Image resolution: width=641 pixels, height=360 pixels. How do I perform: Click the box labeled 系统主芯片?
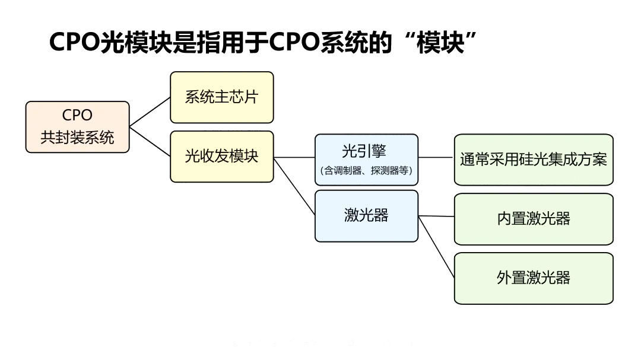221,97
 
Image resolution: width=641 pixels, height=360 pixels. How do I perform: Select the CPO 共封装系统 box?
77,127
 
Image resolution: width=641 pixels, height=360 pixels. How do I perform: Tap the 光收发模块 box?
221,157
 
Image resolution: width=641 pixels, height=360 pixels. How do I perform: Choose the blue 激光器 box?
366,216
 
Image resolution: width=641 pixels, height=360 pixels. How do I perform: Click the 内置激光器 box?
533,219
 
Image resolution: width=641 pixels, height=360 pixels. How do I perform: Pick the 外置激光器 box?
533,278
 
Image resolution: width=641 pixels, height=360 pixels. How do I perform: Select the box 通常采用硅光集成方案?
533,160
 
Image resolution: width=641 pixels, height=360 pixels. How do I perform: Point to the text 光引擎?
364,151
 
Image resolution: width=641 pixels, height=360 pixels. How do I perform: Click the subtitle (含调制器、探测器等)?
366,171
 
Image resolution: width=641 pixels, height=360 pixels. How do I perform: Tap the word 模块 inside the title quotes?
440,43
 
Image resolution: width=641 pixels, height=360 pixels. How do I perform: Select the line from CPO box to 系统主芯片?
150,112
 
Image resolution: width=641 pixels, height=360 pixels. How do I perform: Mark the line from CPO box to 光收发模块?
150,141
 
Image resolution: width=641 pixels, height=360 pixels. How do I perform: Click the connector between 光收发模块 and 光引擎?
294,158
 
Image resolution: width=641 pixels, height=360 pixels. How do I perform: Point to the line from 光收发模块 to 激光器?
294,187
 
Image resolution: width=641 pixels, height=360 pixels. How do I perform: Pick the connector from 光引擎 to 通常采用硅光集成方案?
436,158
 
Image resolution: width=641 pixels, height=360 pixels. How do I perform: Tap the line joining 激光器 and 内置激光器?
436,216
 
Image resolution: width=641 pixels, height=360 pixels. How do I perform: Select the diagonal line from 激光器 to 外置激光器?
437,247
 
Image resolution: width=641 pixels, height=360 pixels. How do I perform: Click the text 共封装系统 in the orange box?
77,138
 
